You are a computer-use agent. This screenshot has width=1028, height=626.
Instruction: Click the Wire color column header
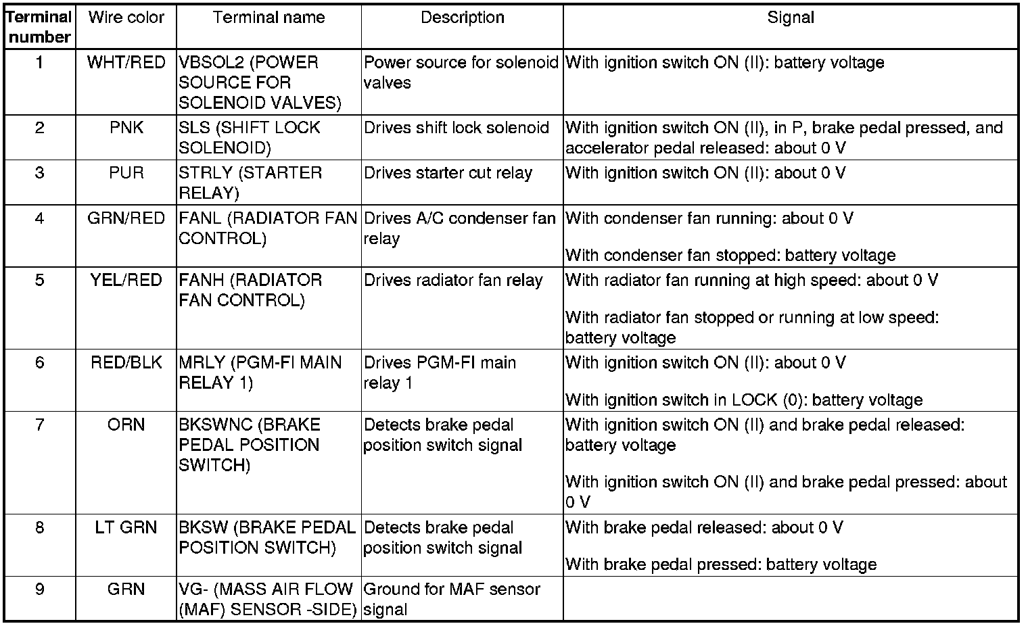pyautogui.click(x=126, y=18)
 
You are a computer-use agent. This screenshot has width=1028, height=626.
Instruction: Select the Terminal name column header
pyautogui.click(x=268, y=18)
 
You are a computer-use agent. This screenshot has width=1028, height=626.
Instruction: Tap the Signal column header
pyautogui.click(x=790, y=18)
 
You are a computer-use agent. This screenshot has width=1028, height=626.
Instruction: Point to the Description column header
pyautogui.click(x=462, y=18)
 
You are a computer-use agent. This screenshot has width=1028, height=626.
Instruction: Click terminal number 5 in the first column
pyautogui.click(x=39, y=280)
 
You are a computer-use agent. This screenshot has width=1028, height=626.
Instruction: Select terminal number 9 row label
pyautogui.click(x=39, y=589)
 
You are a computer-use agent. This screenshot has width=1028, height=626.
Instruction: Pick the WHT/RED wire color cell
pyautogui.click(x=126, y=62)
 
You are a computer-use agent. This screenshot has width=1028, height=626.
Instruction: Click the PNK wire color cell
pyautogui.click(x=126, y=128)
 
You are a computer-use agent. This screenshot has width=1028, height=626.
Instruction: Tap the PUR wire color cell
pyautogui.click(x=126, y=173)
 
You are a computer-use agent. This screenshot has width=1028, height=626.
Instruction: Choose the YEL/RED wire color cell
pyautogui.click(x=126, y=280)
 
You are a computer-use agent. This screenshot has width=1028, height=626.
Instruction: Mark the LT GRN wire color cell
pyautogui.click(x=126, y=527)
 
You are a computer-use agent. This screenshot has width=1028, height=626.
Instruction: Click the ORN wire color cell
pyautogui.click(x=126, y=425)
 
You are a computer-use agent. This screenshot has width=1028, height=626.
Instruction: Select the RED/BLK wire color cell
pyautogui.click(x=126, y=362)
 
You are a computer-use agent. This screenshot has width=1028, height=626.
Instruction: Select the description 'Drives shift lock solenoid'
pyautogui.click(x=456, y=128)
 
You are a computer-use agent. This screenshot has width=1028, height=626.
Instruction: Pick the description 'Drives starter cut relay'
pyautogui.click(x=448, y=173)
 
